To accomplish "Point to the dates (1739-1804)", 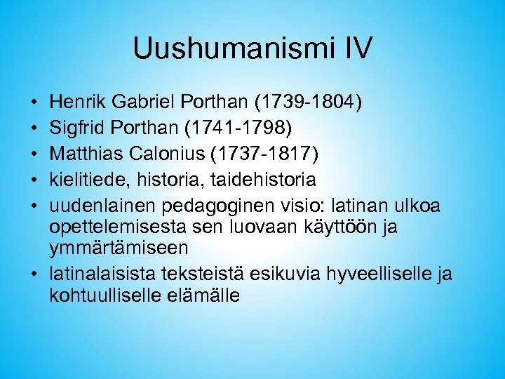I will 308,103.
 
